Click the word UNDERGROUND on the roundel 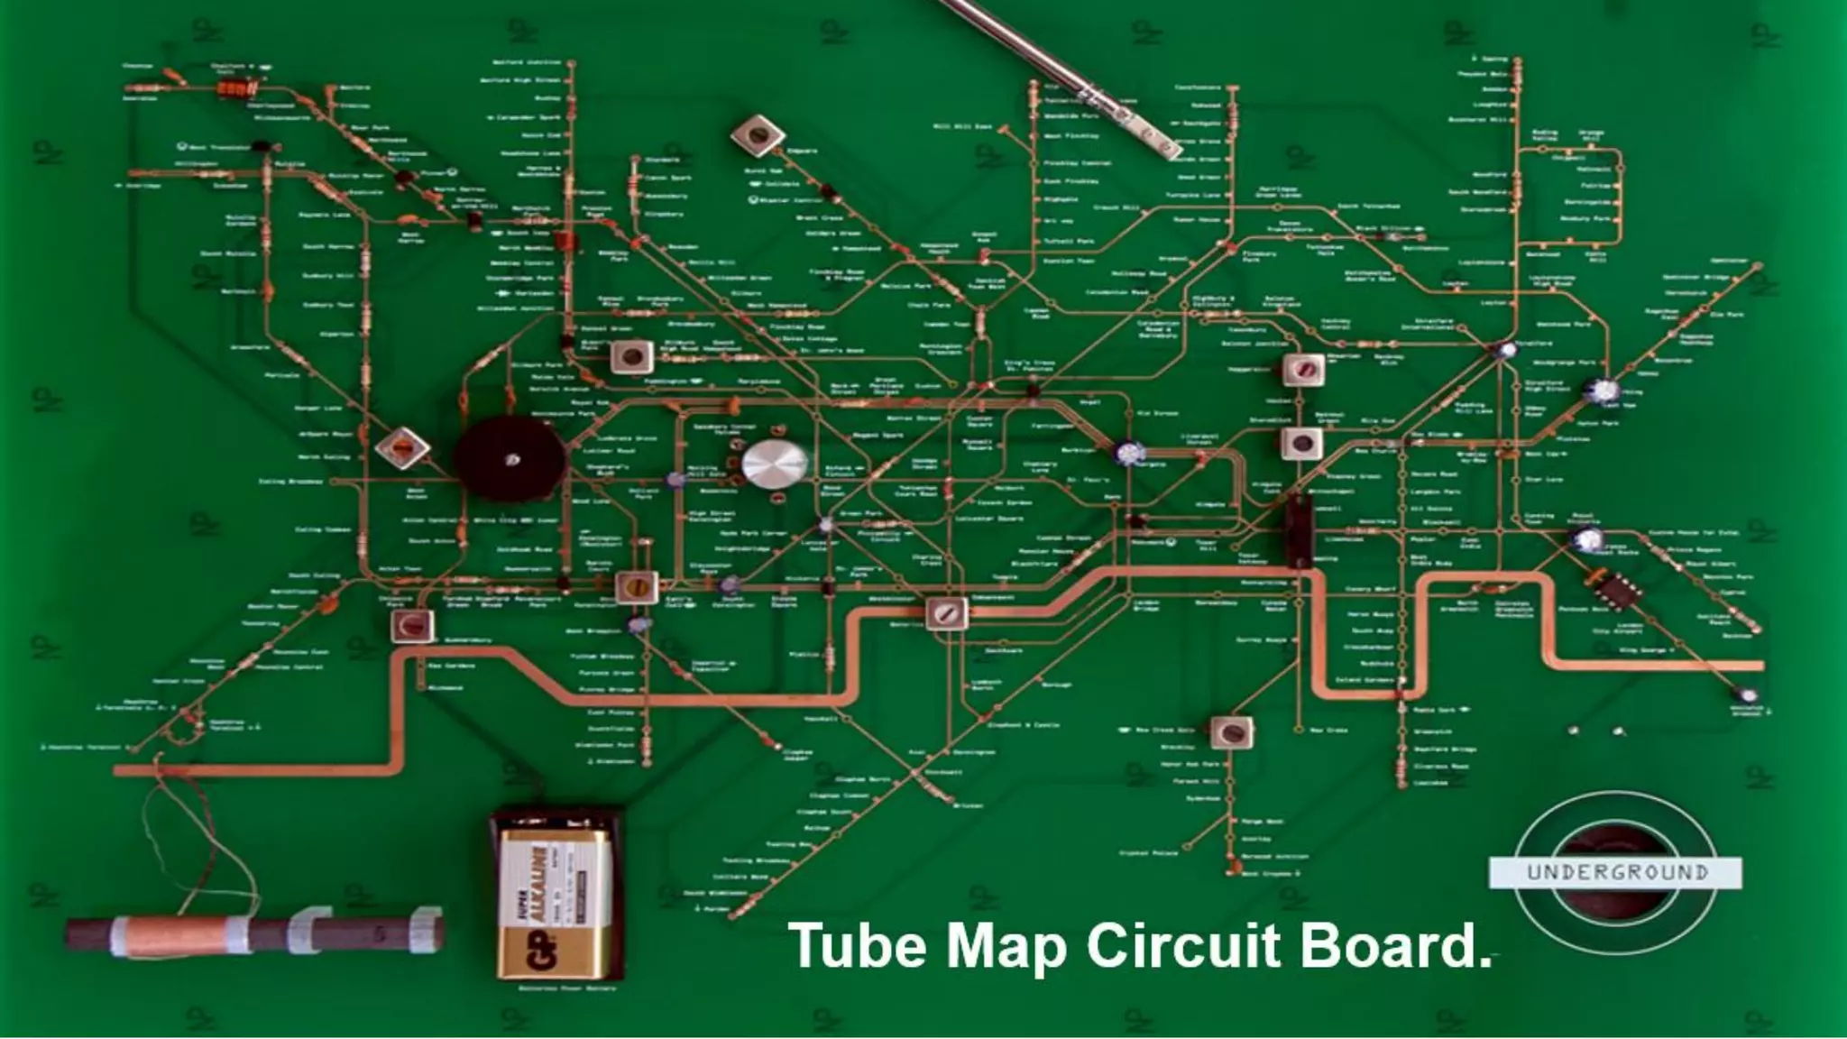(1617, 872)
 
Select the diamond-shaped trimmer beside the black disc (402, 447)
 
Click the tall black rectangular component (1299, 531)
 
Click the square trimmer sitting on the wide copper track (946, 613)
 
